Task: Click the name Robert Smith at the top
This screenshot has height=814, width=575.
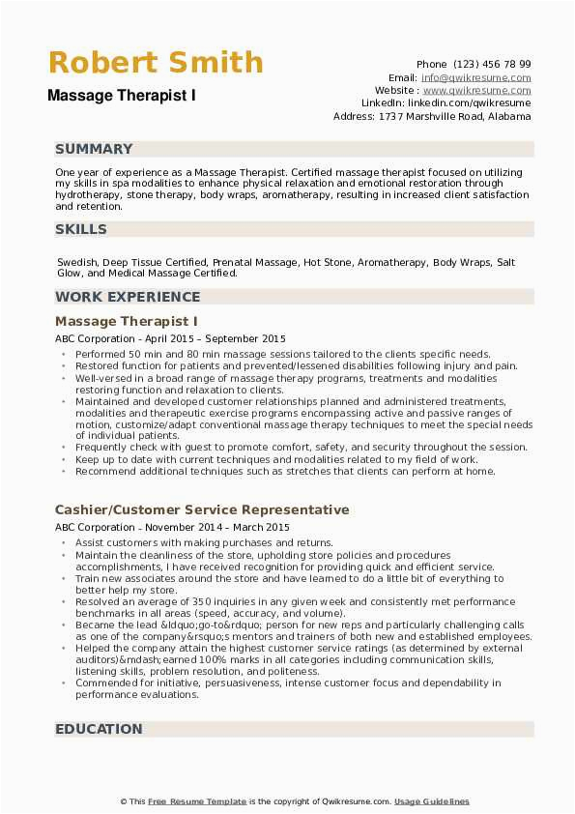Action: coord(155,63)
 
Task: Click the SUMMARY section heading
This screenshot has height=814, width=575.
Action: coord(94,149)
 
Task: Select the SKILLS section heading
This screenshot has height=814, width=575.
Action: coord(81,229)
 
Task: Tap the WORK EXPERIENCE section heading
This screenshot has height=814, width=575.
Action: coord(128,297)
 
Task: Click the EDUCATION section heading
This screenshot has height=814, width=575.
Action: coord(99,729)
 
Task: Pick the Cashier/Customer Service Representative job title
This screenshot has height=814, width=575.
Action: coord(202,509)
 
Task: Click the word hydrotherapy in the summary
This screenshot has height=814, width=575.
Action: coord(89,194)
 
